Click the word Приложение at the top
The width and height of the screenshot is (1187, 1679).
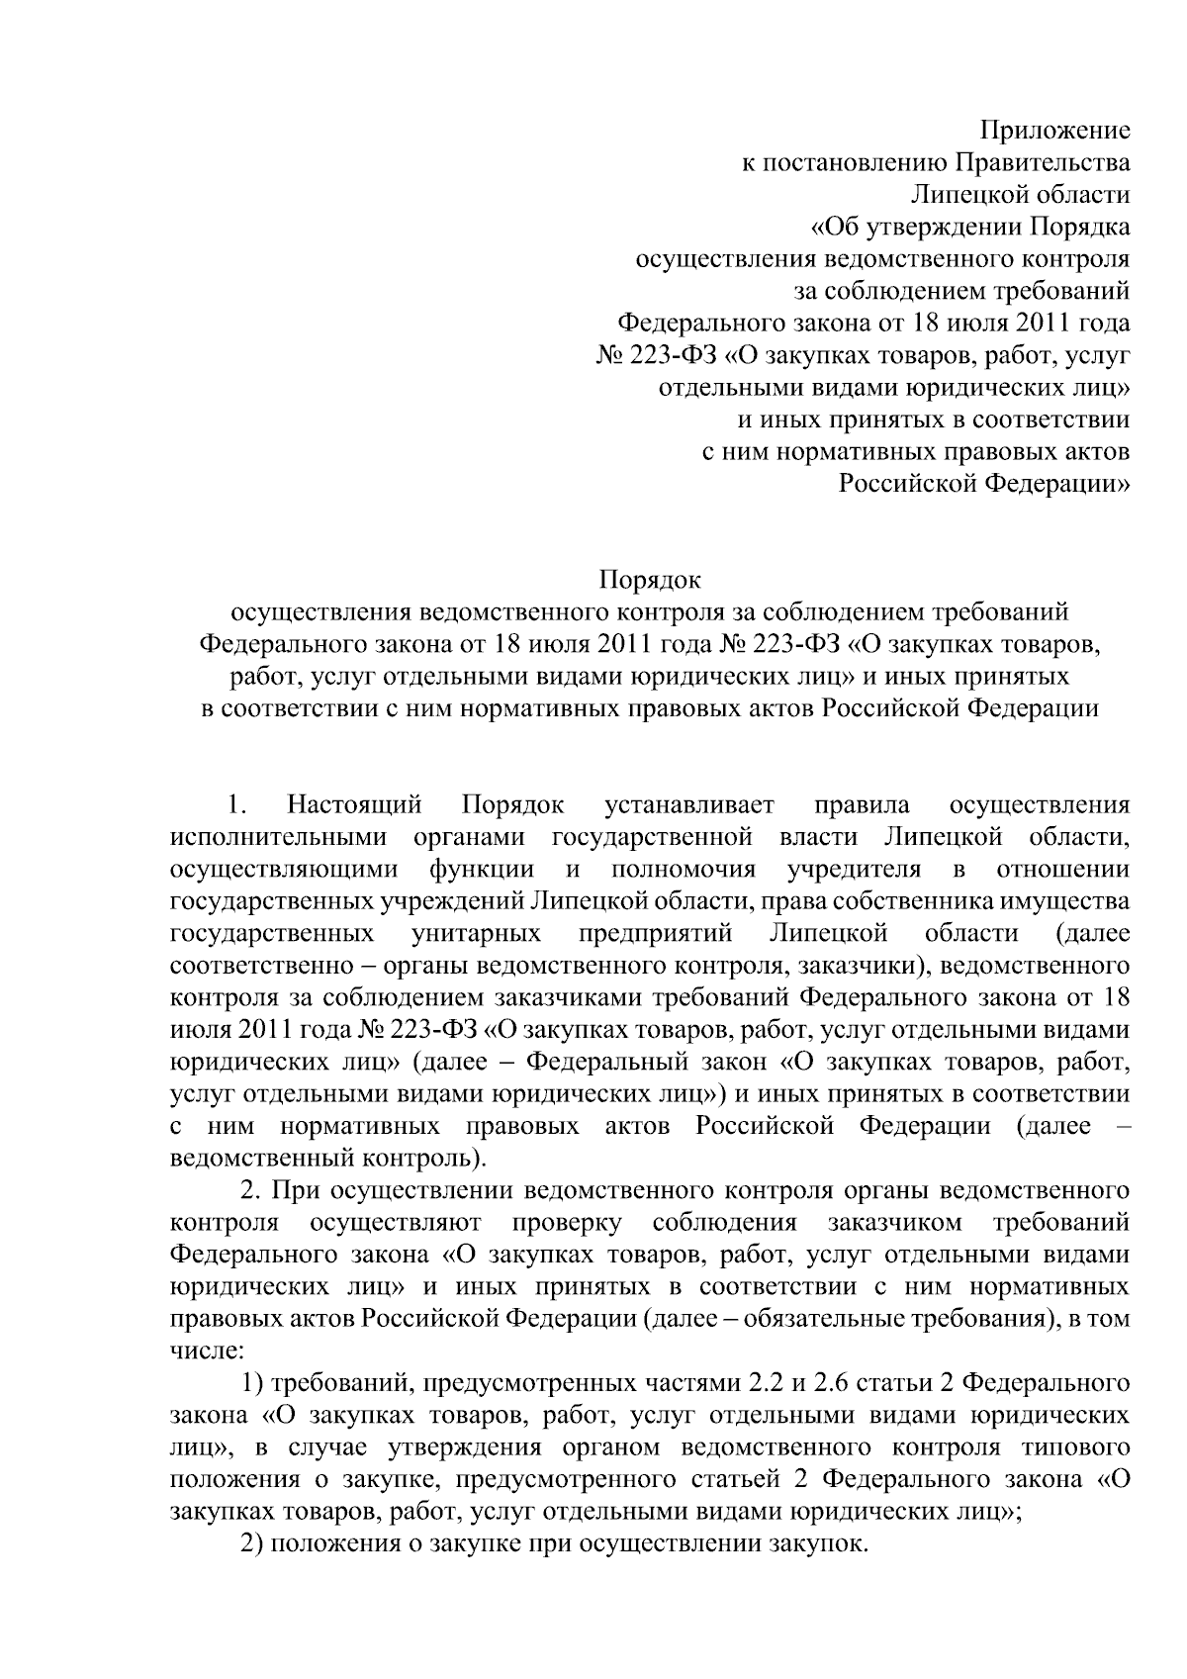[1054, 130]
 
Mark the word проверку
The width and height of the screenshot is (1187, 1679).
[567, 1223]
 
